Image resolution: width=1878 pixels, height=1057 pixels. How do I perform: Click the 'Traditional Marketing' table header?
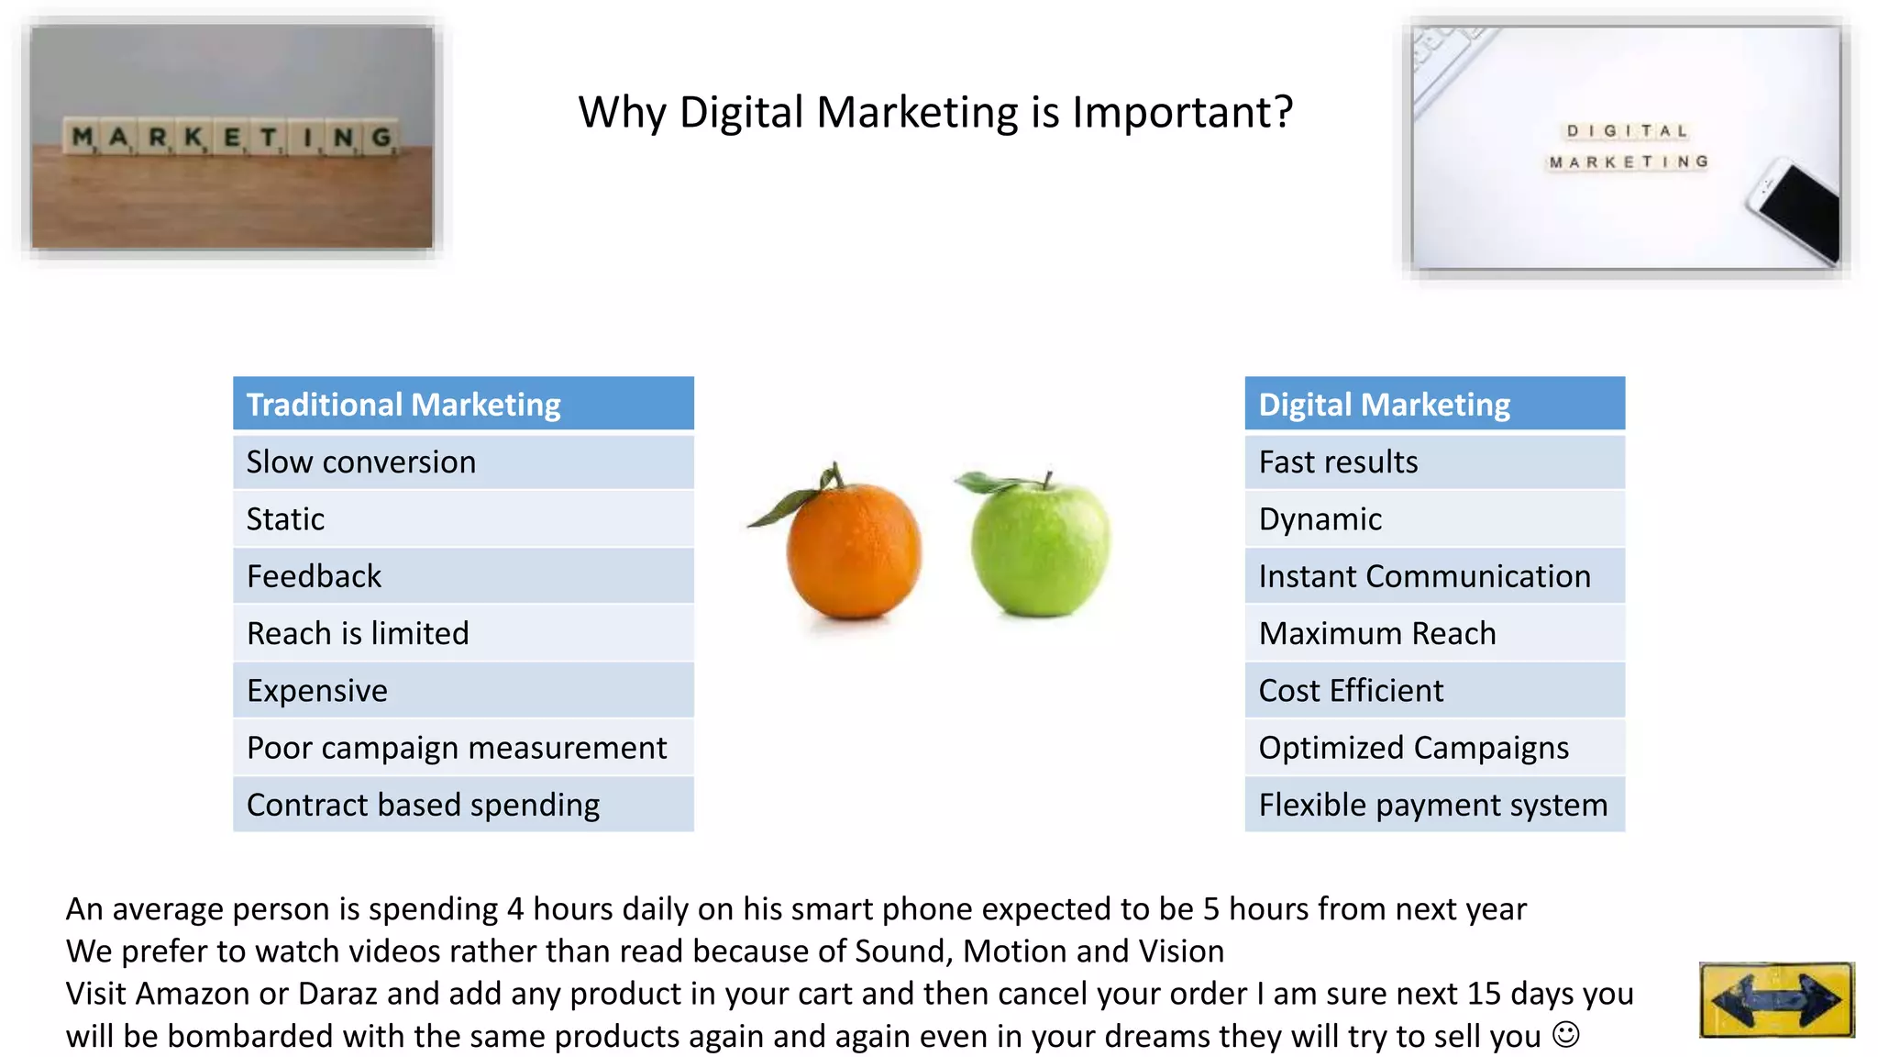click(463, 404)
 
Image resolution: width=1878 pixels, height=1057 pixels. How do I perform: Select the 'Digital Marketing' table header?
click(1434, 404)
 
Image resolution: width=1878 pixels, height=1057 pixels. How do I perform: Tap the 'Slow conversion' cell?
click(463, 462)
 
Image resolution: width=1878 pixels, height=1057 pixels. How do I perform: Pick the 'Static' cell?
click(463, 519)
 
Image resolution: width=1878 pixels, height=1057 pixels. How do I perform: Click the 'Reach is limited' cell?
click(463, 633)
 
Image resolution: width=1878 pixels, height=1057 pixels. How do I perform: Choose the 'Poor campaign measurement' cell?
click(463, 748)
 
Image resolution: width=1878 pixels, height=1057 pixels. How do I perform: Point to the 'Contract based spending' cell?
click(463, 805)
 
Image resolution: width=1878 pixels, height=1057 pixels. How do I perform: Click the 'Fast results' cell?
click(1434, 462)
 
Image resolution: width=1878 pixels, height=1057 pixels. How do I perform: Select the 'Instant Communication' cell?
click(1434, 576)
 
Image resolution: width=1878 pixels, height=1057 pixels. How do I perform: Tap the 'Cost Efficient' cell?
click(1434, 690)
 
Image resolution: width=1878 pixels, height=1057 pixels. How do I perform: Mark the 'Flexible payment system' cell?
click(1434, 805)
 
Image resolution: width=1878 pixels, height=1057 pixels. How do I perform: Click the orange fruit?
click(853, 551)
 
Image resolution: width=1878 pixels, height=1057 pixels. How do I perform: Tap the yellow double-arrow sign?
click(1776, 999)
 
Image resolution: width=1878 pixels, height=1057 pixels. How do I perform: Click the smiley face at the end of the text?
click(1566, 1035)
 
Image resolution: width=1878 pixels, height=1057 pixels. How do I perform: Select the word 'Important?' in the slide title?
click(1183, 112)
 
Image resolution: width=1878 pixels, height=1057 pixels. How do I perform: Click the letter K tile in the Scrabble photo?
click(193, 138)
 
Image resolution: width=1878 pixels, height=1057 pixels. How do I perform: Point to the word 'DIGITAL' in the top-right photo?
click(1627, 131)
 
